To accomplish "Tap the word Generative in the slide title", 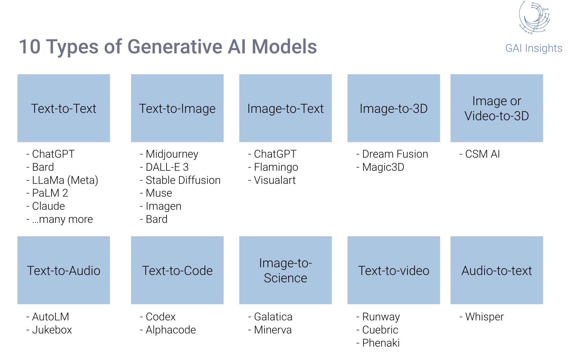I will coord(174,47).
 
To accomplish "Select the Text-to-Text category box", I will coord(64,108).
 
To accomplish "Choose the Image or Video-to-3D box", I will coord(497,108).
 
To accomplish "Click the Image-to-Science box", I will coord(285,270).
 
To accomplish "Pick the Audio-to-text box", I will coord(497,270).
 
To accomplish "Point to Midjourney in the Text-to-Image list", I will coord(172,154).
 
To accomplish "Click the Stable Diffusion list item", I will coord(183,180).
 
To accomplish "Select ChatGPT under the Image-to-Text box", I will coord(275,154).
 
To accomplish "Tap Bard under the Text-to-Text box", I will coord(43,167).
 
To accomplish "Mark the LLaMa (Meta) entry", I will coord(65,180).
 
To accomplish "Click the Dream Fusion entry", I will coord(395,154).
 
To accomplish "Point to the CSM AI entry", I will coord(482,154).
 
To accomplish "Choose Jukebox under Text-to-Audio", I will coord(52,330).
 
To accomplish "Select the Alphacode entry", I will coord(171,330).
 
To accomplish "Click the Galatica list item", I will coord(273,317).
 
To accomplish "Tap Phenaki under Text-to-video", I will coord(381,343).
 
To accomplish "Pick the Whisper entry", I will coord(484,317).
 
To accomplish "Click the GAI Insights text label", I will coord(534,48).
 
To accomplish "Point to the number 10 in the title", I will coord(30,47).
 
